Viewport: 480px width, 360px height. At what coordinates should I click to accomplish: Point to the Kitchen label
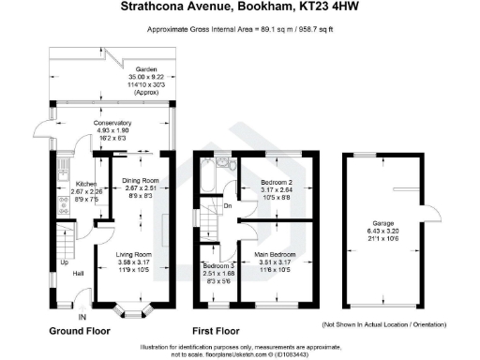point(72,184)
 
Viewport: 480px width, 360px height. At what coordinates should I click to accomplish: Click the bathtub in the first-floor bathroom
point(207,174)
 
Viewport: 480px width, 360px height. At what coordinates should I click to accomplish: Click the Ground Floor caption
point(80,332)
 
